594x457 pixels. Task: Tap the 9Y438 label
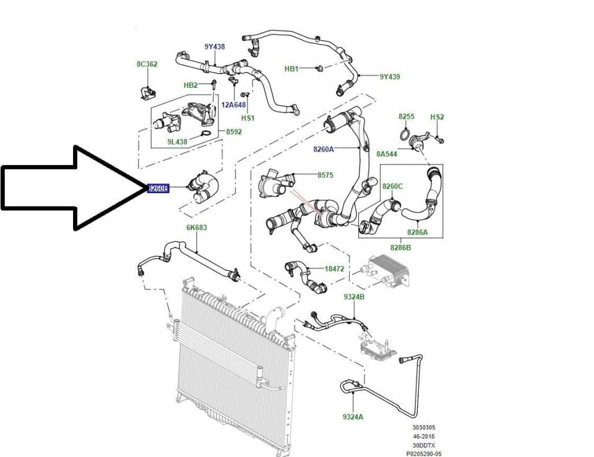coord(215,47)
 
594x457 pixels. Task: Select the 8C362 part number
coord(147,64)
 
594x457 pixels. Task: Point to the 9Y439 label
coord(390,77)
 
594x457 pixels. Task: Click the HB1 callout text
coord(292,69)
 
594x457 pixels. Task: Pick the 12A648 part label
coord(234,105)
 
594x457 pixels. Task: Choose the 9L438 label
coord(177,142)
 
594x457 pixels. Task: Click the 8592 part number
coord(234,132)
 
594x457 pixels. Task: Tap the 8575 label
coord(325,176)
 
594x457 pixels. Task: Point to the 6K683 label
coord(197,228)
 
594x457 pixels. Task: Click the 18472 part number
coord(335,269)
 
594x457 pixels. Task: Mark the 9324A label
coord(353,417)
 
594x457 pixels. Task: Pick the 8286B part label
coord(400,247)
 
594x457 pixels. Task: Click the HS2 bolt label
coord(437,117)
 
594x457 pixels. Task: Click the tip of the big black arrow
coord(146,188)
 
